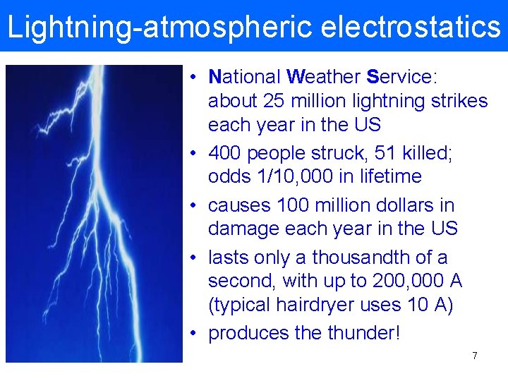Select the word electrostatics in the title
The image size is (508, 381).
pos(410,27)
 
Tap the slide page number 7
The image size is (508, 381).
pos(475,356)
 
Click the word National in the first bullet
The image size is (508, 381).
pos(244,76)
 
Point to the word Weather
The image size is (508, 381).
pos(324,76)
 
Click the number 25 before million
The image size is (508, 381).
pos(274,102)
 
